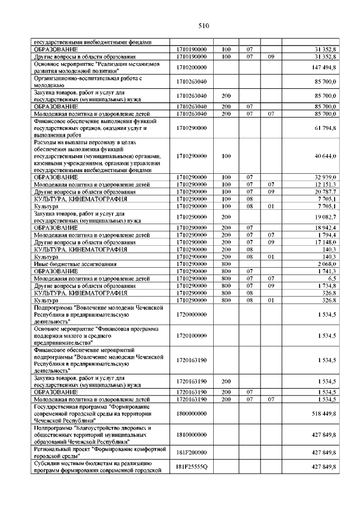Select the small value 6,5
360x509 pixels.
331,278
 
